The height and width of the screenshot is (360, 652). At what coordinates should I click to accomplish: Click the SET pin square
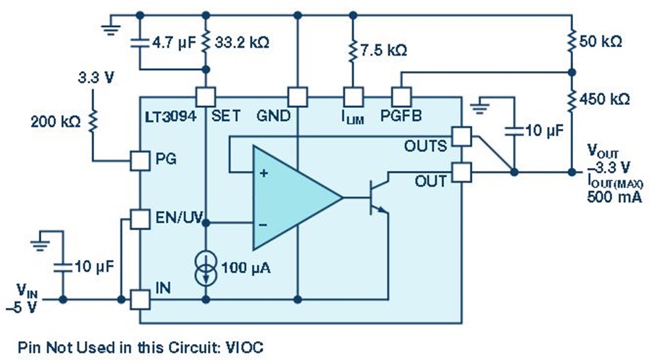pos(206,97)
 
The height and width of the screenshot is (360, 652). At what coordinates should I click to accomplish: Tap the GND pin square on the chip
pos(298,97)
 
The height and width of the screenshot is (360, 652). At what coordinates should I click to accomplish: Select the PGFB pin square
pos(401,97)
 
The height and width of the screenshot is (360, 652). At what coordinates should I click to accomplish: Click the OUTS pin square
pos(461,136)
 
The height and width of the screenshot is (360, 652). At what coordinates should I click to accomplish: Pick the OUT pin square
pos(461,172)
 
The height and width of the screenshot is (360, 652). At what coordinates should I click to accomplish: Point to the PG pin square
pos(140,161)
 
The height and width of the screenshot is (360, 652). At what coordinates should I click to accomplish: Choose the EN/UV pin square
pos(140,219)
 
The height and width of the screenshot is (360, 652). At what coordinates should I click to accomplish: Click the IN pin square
pos(140,299)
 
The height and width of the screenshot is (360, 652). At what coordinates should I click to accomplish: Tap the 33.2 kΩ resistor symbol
pos(206,42)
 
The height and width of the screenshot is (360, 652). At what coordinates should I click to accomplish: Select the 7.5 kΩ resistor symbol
pos(353,51)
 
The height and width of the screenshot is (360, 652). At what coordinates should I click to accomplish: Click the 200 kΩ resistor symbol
pos(92,120)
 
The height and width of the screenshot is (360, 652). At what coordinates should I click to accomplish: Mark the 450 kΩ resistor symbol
pos(572,99)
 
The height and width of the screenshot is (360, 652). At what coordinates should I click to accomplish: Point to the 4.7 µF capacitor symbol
pos(140,43)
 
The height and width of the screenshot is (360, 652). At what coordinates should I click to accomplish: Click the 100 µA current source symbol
pos(206,268)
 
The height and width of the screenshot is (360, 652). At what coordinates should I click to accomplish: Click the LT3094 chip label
pos(171,116)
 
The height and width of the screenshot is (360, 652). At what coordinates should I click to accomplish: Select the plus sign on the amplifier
pos(263,173)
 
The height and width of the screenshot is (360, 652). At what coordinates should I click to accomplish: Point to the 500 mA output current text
pos(614,196)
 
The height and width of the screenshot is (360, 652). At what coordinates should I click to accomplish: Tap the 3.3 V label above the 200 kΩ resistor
pos(96,78)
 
